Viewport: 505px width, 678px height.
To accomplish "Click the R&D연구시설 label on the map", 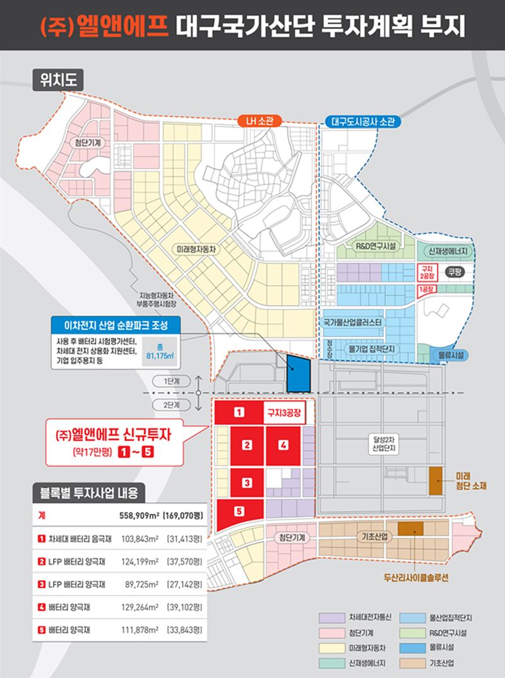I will point(376,246).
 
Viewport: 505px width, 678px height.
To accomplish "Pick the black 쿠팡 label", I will point(454,272).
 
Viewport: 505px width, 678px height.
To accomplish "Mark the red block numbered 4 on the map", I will point(283,446).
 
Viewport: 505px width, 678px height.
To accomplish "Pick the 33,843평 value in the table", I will point(184,629).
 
